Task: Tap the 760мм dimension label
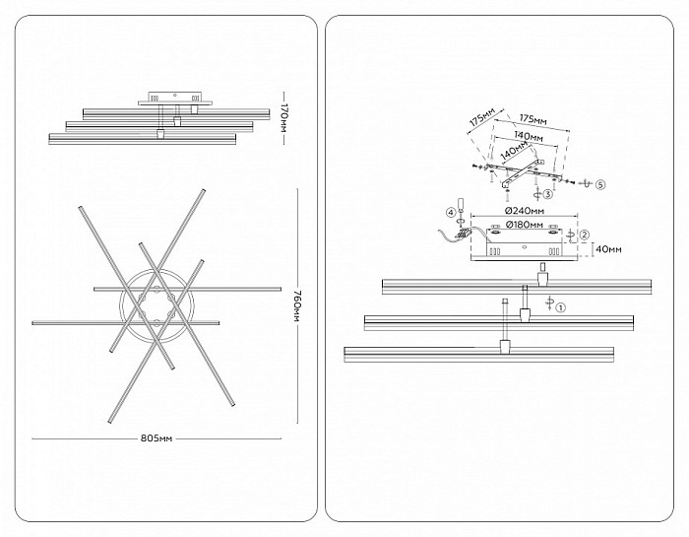[x=297, y=305]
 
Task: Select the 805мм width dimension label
[x=157, y=438]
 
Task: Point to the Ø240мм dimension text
[x=525, y=211]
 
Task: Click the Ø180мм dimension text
[x=524, y=226]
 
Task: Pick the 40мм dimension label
[x=607, y=249]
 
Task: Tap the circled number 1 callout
[x=560, y=307]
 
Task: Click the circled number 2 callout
[x=584, y=235]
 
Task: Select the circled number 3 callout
[x=547, y=194]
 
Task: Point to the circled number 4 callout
[x=450, y=213]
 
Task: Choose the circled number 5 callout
[x=600, y=184]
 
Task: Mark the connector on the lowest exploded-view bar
[x=505, y=346]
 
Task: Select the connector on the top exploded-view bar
[x=543, y=279]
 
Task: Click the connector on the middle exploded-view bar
[x=525, y=315]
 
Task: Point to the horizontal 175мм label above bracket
[x=533, y=119]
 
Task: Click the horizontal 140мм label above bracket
[x=528, y=137]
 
